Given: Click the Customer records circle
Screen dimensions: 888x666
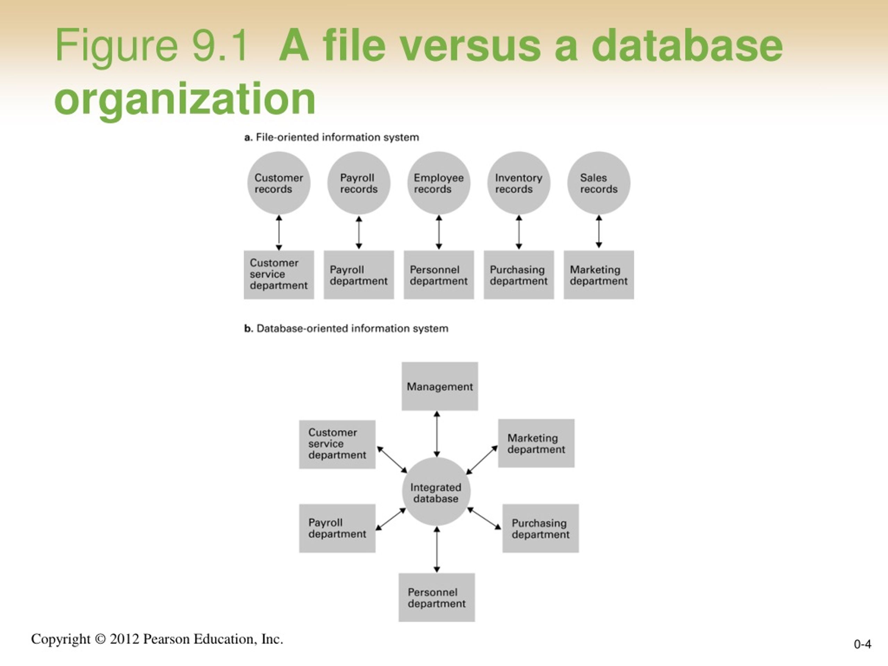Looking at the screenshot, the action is pos(279,183).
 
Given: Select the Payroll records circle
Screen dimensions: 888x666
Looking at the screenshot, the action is pos(358,183).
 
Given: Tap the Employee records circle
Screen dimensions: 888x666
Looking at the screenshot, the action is pos(439,183).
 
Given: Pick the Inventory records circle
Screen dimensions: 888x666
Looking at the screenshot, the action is pos(519,183).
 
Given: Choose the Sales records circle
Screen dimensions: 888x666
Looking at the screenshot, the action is pos(599,183).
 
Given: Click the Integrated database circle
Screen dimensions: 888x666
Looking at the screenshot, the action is pos(436,492).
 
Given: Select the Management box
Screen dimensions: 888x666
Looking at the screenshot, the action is pos(439,386).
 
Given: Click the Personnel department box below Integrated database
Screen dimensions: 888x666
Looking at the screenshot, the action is pos(436,597).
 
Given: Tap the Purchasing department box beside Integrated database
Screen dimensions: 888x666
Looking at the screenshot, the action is pos(540,528).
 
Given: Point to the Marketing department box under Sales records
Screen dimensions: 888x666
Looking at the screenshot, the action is pos(599,275).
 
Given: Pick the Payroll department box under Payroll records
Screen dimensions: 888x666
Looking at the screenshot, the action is pos(358,275).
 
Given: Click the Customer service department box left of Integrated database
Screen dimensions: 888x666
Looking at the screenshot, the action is pos(337,444).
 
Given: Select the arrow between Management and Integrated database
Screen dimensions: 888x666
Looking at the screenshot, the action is pos(437,434).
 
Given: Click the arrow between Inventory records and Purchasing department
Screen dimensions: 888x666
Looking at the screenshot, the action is pos(519,232).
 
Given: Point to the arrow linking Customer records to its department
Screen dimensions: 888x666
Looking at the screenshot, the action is pos(279,233).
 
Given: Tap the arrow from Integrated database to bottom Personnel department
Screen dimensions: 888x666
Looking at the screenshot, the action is pos(437,549).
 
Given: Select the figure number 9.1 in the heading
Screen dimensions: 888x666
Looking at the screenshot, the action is pos(219,45).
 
